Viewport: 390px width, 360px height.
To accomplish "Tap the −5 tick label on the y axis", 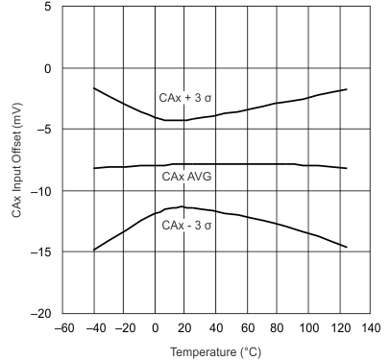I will point(42,130).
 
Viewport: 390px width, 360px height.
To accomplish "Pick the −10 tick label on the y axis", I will point(39,191).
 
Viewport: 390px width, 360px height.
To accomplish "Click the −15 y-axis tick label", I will point(39,252).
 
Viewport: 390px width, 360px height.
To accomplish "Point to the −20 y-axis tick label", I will point(39,314).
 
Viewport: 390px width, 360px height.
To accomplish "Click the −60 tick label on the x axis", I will point(63,328).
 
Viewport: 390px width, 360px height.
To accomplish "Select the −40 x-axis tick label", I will point(94,328).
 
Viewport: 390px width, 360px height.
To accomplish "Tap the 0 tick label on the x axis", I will point(156,328).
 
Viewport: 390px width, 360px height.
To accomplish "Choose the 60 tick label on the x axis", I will point(248,328).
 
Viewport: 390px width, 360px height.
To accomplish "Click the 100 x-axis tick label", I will point(309,328).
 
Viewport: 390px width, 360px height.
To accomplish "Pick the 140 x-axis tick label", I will point(371,328).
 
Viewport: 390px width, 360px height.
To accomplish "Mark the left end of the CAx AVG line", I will point(94,168).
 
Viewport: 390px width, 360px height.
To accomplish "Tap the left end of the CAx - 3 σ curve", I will point(94,250).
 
